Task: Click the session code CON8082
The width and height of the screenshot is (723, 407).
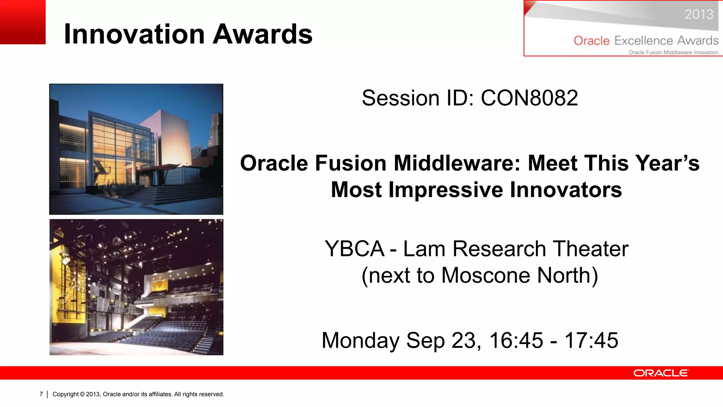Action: point(529,98)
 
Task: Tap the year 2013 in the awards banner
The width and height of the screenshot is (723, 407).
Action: point(699,14)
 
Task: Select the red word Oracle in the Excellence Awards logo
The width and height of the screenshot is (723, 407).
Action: point(591,41)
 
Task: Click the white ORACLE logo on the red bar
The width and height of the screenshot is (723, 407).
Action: point(661,373)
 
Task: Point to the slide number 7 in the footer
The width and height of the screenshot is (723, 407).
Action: point(41,394)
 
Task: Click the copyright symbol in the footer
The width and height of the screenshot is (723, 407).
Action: point(82,394)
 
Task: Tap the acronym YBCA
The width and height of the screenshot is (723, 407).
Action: point(354,249)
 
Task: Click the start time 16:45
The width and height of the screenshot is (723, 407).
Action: point(516,340)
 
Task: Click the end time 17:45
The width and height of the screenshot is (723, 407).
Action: point(591,340)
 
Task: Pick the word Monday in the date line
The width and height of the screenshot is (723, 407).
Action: point(360,340)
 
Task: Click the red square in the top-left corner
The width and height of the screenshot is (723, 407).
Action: point(23,22)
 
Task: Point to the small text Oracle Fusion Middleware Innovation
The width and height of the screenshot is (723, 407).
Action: point(673,52)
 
